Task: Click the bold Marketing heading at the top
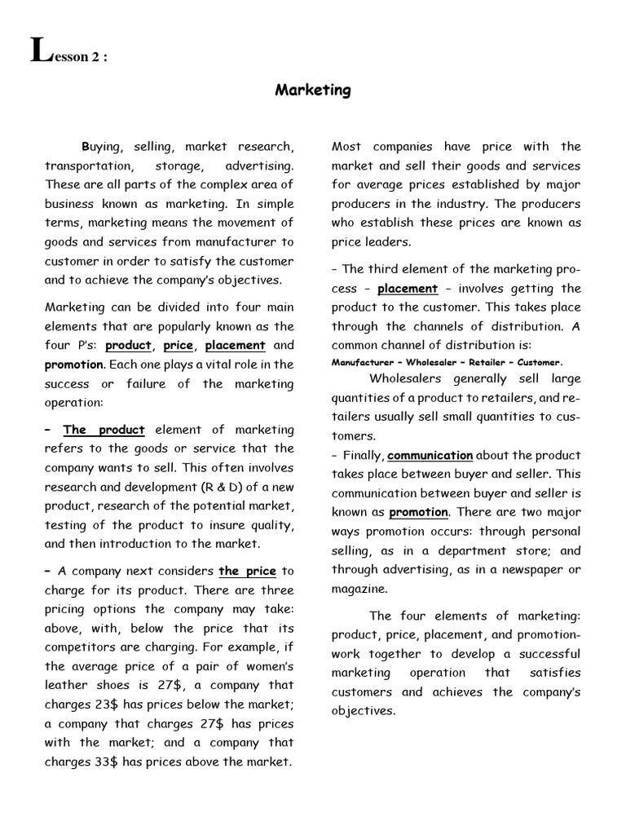(x=313, y=91)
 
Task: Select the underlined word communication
(x=430, y=456)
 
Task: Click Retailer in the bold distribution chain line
(x=483, y=362)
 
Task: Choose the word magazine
(x=359, y=589)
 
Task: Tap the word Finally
(x=362, y=456)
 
